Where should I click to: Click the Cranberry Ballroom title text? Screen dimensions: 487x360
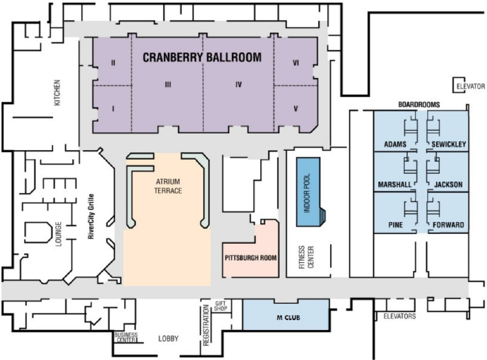(202, 57)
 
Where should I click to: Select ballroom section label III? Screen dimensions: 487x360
(168, 85)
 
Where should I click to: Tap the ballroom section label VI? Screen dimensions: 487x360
(296, 63)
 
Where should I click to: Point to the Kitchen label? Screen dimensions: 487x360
(57, 93)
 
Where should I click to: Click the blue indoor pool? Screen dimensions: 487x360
(308, 192)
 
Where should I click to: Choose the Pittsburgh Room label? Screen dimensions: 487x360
(250, 257)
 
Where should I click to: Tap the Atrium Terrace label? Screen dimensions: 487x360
(168, 186)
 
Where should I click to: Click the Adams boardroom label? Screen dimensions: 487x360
(395, 144)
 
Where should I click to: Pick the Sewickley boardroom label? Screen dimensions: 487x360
(449, 144)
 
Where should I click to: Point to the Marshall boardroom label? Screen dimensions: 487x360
(394, 185)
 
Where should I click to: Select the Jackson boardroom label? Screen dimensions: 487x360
(448, 185)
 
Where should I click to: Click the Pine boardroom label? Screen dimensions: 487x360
(395, 225)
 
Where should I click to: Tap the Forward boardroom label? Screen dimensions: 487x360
(448, 225)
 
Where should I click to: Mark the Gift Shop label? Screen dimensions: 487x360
(221, 306)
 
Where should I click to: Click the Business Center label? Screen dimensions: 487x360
(126, 338)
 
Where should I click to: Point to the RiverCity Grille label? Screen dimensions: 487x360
(91, 217)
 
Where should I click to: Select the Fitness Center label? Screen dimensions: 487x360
(306, 257)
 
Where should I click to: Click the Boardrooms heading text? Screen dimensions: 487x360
(419, 105)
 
